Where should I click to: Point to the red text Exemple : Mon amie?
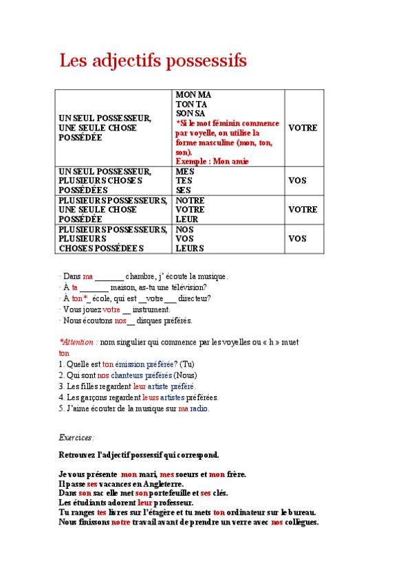212,161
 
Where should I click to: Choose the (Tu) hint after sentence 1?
187,364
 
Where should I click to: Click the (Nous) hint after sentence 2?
185,375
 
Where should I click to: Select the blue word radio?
199,408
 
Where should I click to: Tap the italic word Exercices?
76,437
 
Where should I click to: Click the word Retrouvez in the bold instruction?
79,454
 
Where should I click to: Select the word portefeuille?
173,493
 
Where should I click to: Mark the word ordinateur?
254,512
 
